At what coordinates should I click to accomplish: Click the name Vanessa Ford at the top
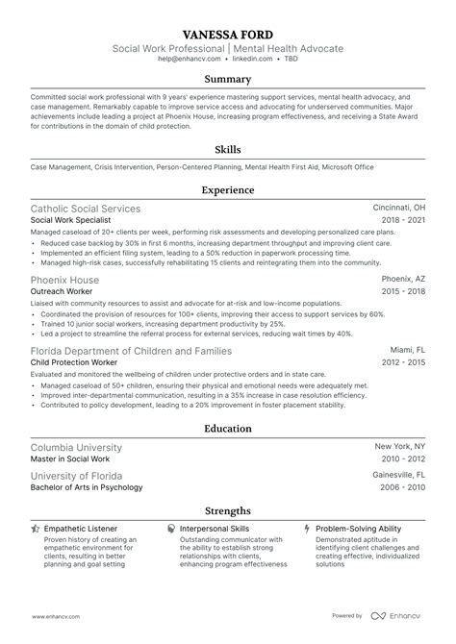pos(228,31)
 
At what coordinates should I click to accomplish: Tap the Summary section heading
pos(228,80)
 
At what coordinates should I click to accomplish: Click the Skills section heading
pos(228,150)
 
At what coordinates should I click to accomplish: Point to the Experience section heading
pos(228,190)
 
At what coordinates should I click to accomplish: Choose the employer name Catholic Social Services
pos(86,209)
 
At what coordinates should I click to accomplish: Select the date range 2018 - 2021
pos(403,221)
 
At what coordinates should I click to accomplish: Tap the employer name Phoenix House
pos(64,279)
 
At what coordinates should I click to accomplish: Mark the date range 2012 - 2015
pos(403,362)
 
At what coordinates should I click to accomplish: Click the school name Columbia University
pos(77,448)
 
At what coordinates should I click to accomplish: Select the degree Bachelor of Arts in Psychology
pos(87,487)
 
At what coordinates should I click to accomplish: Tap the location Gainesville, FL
pos(398,475)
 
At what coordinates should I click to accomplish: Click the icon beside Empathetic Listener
pos(36,529)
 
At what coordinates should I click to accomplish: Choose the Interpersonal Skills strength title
pos(216,529)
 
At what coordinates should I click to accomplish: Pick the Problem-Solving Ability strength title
pos(360,529)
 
